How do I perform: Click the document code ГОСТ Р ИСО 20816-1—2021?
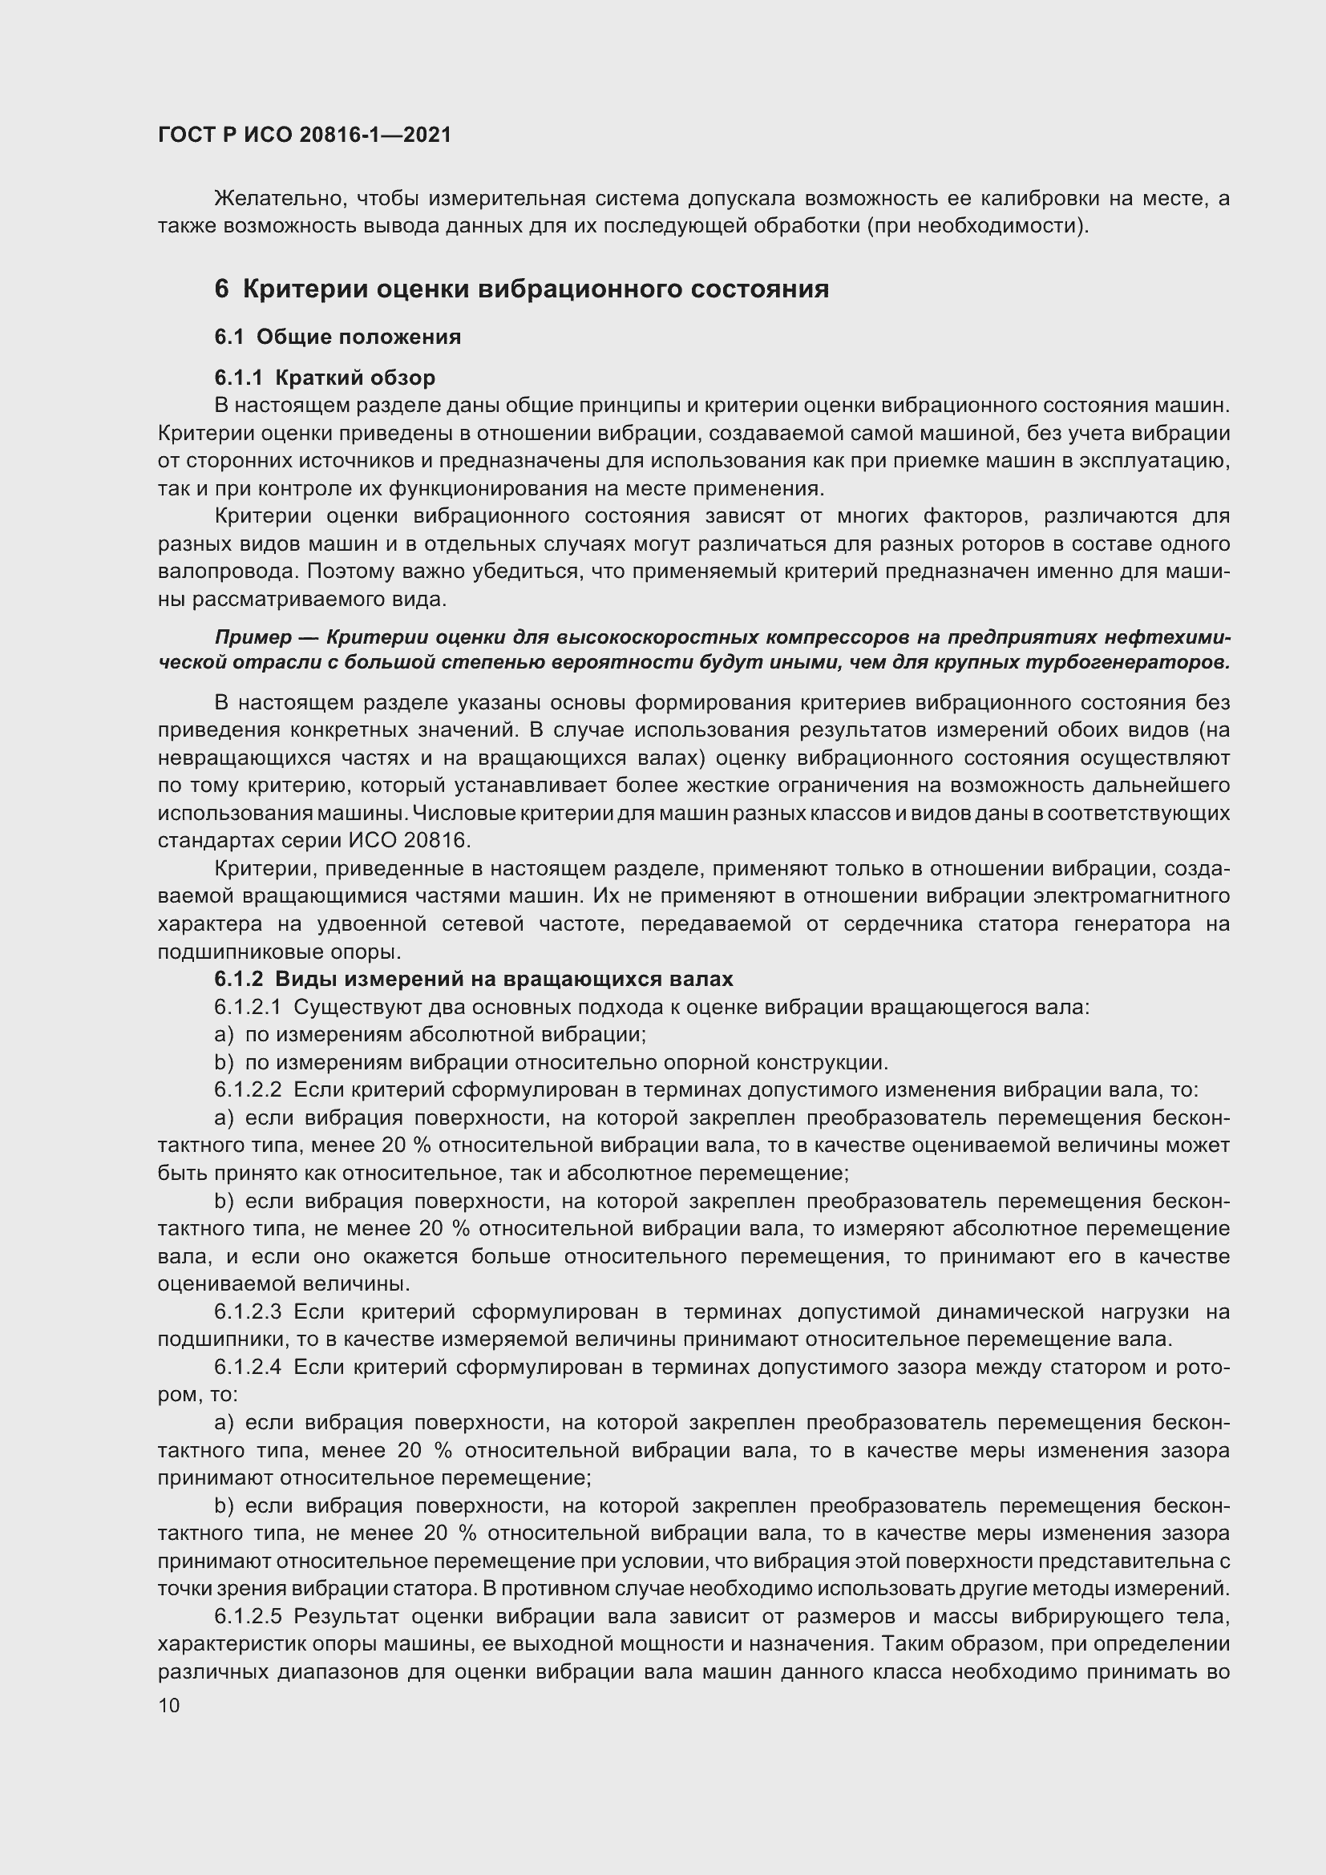[304, 135]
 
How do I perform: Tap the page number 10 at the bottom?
[169, 1705]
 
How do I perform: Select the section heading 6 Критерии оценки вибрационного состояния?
[522, 289]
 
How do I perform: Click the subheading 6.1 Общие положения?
[338, 337]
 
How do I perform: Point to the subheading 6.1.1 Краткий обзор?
[324, 378]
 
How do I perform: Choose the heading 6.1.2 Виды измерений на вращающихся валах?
[474, 978]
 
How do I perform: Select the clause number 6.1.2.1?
[248, 1007]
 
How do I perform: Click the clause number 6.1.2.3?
[248, 1311]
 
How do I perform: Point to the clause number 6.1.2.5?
[248, 1616]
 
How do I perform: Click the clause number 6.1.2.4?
[248, 1367]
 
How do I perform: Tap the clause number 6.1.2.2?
[248, 1089]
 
